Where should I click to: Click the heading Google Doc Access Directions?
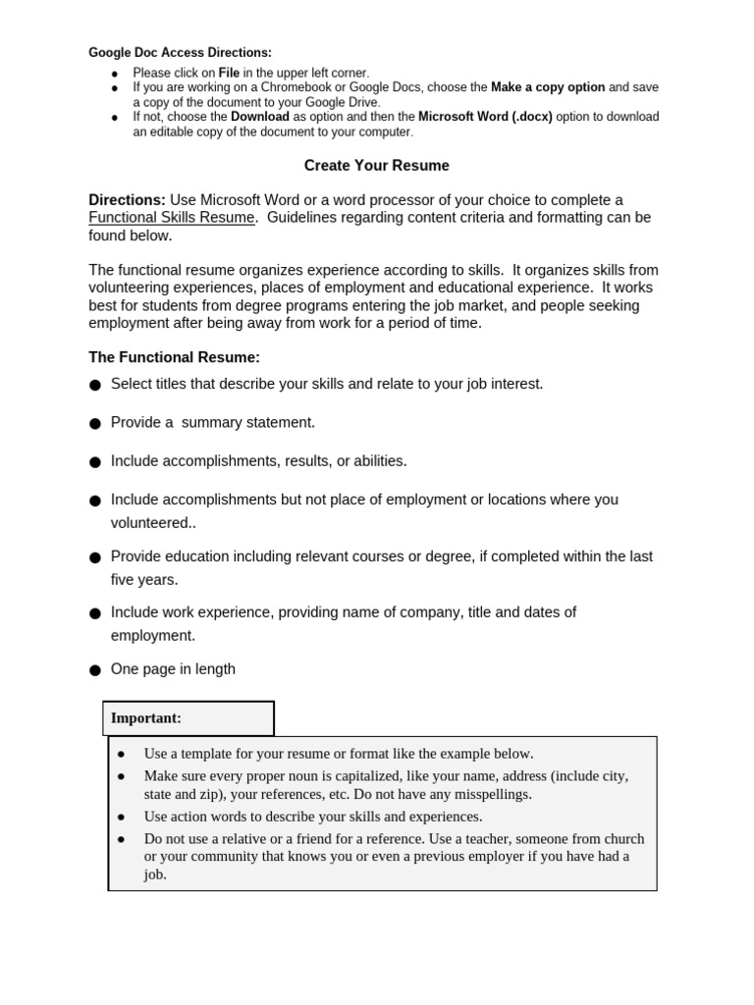tap(180, 53)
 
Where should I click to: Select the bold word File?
tap(229, 73)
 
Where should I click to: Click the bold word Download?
tap(259, 117)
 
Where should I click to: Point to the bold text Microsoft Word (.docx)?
tap(485, 117)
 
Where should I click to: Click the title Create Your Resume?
tap(376, 166)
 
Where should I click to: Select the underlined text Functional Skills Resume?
tap(172, 218)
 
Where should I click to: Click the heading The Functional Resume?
tap(174, 357)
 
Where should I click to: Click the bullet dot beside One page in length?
tap(95, 670)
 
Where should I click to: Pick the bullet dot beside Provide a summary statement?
tap(95, 424)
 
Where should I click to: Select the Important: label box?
tap(188, 718)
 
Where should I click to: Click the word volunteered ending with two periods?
tap(152, 522)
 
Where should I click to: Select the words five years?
tap(144, 579)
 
